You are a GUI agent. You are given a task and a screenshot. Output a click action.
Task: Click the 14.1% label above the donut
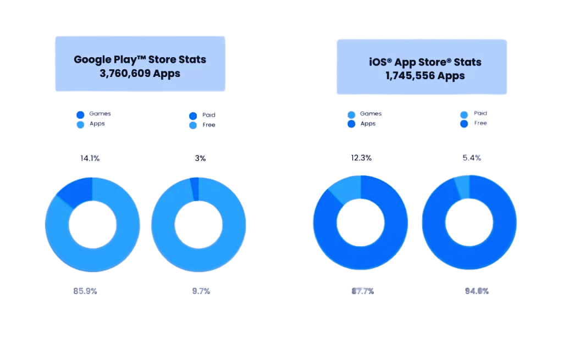(x=90, y=158)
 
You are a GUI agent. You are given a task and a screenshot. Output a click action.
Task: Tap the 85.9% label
(x=85, y=291)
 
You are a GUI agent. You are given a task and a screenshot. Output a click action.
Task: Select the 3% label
(x=200, y=158)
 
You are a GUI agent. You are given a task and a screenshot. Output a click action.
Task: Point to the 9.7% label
(x=201, y=291)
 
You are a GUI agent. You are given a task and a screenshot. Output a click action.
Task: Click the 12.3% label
(x=361, y=158)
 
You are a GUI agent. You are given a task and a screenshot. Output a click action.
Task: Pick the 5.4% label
(x=472, y=158)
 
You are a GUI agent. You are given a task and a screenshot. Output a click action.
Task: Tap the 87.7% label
(x=363, y=291)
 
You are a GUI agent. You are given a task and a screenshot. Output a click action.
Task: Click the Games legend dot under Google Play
(x=80, y=115)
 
